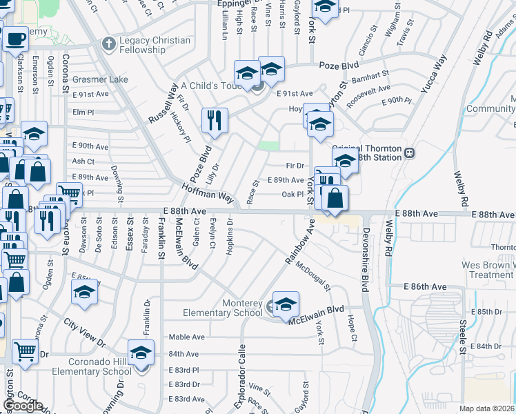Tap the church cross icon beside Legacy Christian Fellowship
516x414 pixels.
click(x=108, y=45)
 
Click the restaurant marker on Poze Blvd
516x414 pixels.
click(x=215, y=120)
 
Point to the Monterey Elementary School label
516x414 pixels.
click(x=223, y=308)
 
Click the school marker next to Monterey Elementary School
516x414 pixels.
click(x=286, y=304)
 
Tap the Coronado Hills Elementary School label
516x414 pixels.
click(x=90, y=366)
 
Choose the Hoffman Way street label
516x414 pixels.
click(x=208, y=191)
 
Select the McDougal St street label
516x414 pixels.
click(x=312, y=275)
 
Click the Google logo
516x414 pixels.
click(x=23, y=405)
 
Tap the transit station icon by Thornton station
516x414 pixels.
click(x=408, y=152)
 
